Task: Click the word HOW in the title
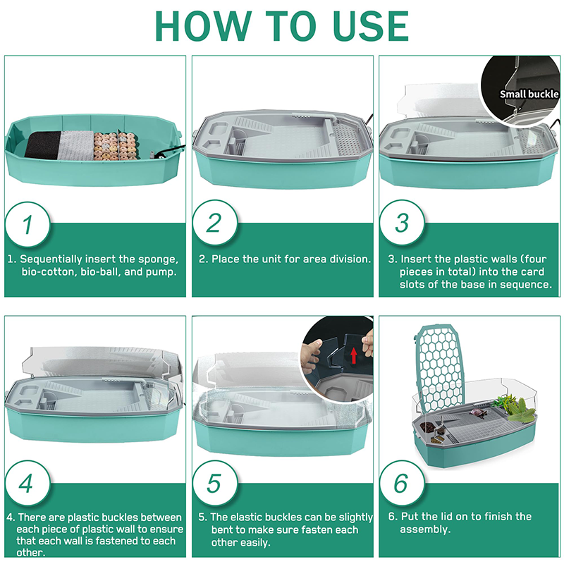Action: click(203, 26)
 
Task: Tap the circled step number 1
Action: click(27, 224)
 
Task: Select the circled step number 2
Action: click(215, 223)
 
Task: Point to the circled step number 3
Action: click(402, 223)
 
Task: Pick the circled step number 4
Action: click(27, 484)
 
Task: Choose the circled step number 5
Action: click(215, 484)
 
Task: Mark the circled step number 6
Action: click(402, 484)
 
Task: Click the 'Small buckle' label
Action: click(529, 94)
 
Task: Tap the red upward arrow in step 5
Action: click(354, 355)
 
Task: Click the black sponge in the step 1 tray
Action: click(43, 145)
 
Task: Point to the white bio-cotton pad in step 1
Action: click(77, 145)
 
